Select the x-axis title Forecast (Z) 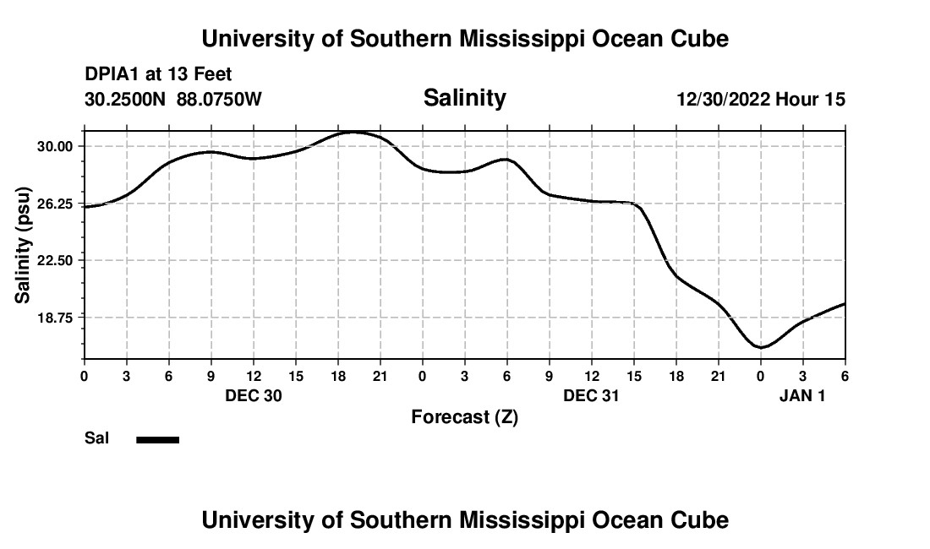pyautogui.click(x=464, y=416)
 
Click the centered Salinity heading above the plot pyautogui.click(x=464, y=98)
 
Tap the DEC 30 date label pyautogui.click(x=254, y=395)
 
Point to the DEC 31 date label pyautogui.click(x=592, y=395)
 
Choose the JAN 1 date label pyautogui.click(x=801, y=395)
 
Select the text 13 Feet pyautogui.click(x=200, y=75)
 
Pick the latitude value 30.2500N pyautogui.click(x=126, y=100)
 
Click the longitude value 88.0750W pyautogui.click(x=219, y=100)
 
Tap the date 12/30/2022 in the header pyautogui.click(x=723, y=100)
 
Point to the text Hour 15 pyautogui.click(x=811, y=100)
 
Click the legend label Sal pyautogui.click(x=96, y=438)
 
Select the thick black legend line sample pyautogui.click(x=158, y=439)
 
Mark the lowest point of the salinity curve pyautogui.click(x=761, y=347)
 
